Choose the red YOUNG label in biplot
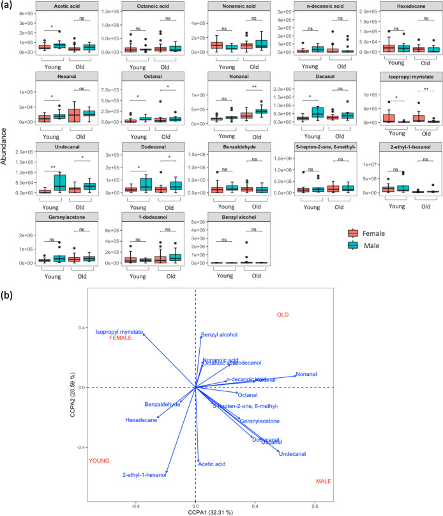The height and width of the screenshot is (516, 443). (x=100, y=460)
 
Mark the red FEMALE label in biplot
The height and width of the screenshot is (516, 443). (x=121, y=338)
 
